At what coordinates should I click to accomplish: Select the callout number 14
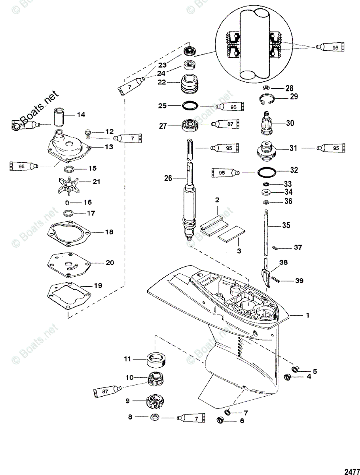click(x=81, y=115)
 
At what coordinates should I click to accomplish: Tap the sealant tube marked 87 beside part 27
click(x=227, y=124)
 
